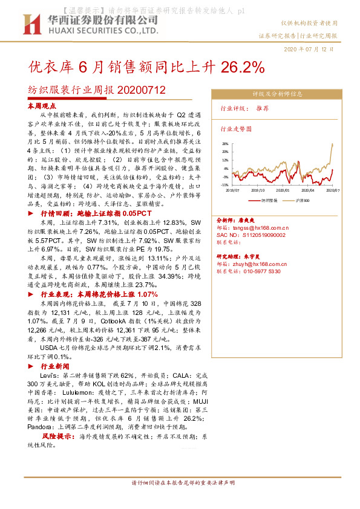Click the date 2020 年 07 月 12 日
coord(309,48)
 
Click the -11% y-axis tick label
coord(223,185)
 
